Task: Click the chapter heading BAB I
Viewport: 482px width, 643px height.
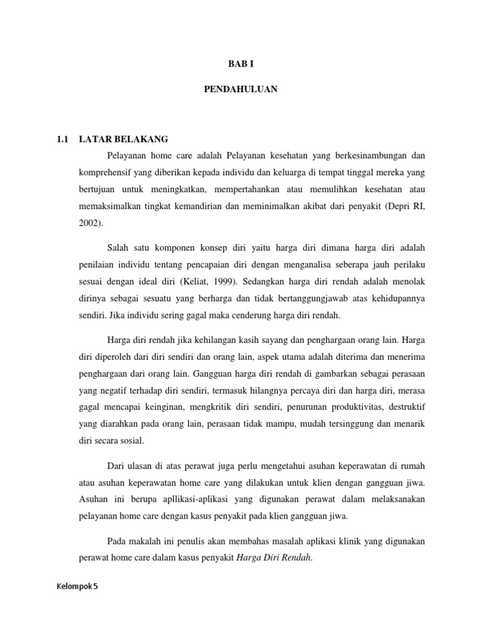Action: pos(240,63)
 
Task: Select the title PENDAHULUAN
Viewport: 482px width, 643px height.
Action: pos(240,90)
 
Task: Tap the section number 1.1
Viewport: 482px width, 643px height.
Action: pos(63,139)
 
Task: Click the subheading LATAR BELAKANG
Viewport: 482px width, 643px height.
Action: pos(124,139)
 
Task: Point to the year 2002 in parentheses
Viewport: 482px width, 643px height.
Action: pos(90,222)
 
